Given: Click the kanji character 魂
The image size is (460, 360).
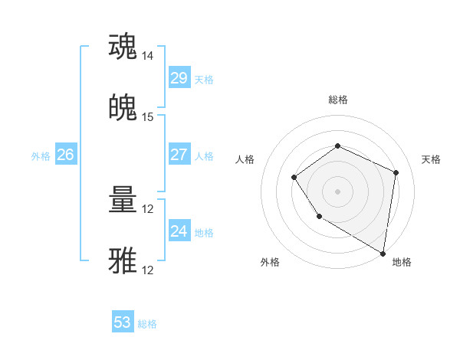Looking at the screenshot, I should pos(123,47).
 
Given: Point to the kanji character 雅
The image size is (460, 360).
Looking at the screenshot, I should pos(123,260).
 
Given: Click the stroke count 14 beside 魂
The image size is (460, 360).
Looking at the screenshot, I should pos(148,56).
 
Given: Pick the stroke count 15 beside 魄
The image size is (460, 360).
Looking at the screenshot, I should pos(148,117).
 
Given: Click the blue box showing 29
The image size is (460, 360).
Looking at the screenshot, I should pos(179,78).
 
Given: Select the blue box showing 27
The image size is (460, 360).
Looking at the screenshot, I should pos(179,155).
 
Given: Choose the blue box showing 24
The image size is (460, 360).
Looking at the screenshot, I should pos(179,231).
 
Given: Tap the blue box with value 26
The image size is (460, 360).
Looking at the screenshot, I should pos(65,155).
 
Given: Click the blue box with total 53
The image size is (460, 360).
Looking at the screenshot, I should pos(123,322).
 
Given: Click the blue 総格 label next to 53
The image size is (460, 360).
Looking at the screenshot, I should pos(147,324).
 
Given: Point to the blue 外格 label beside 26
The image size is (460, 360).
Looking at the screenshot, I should pos(41,156).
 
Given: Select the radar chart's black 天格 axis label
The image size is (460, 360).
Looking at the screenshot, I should pos(431,159).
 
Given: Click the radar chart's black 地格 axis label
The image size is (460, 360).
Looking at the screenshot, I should pos(402,262).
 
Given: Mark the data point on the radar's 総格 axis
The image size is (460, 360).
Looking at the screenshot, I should pos(337,146).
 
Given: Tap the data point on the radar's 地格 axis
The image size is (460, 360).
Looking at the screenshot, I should pos(383,253).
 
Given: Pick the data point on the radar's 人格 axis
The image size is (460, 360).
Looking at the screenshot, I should pos(294,178).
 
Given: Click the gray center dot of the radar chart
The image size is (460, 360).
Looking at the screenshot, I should pos(337,191).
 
